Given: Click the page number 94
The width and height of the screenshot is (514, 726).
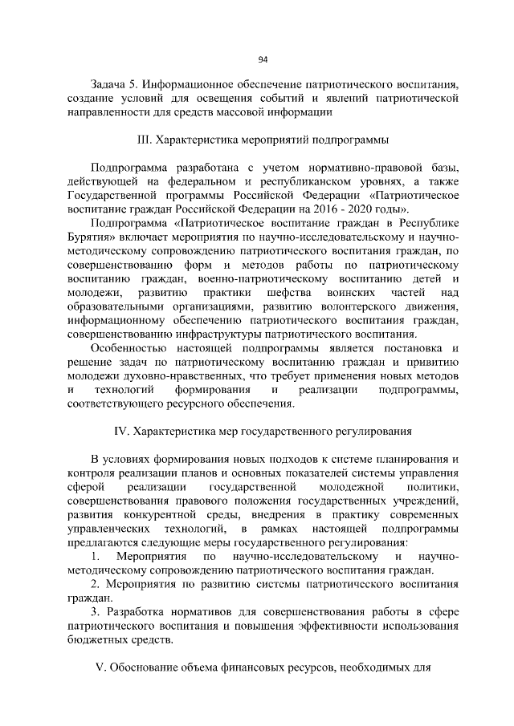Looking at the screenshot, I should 263,59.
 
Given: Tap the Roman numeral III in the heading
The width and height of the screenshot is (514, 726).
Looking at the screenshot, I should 145,140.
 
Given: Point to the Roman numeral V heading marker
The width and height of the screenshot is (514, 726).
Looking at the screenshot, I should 100,668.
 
